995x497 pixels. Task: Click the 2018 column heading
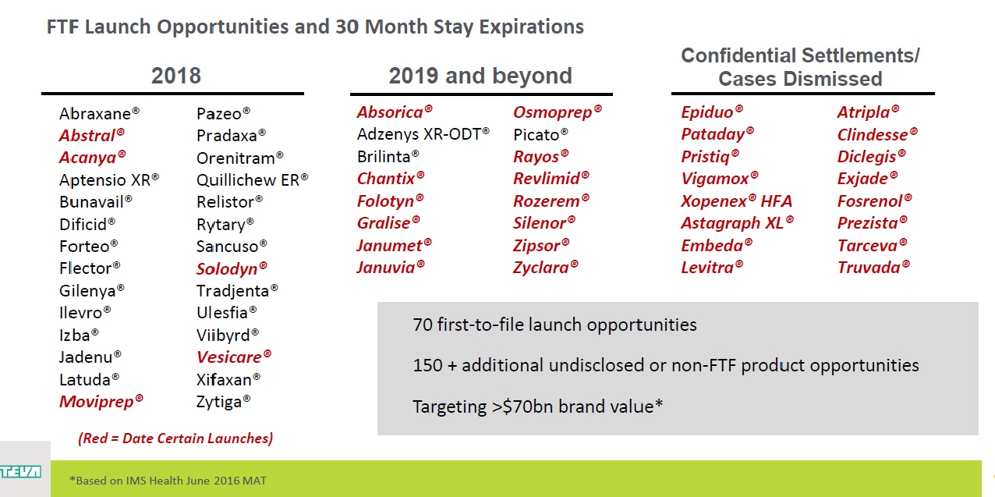[176, 76]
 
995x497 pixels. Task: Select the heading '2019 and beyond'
[480, 76]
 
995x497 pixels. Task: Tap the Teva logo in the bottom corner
[20, 471]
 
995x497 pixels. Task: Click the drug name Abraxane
[99, 113]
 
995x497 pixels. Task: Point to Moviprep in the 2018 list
[101, 401]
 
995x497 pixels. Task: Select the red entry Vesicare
[234, 357]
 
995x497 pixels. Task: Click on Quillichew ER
[252, 180]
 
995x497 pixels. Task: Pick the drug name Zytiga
[224, 402]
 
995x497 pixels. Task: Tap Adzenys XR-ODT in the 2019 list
[423, 134]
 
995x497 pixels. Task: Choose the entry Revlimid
[551, 178]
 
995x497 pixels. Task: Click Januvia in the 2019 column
[391, 267]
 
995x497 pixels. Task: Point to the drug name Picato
[540, 135]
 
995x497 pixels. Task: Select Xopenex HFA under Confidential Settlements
[736, 201]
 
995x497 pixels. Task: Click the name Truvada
[873, 267]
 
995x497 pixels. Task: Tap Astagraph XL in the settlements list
[737, 222]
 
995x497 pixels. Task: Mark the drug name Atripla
[868, 112]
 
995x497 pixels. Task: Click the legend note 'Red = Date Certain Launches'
[175, 438]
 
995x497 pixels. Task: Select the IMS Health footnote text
[168, 481]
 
